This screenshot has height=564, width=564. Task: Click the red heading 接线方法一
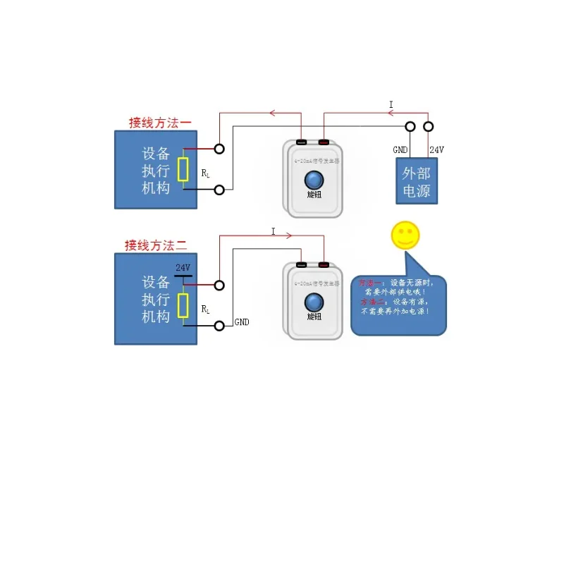pos(160,122)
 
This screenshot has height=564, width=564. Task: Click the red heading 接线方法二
pos(156,245)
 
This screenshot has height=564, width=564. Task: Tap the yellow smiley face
pos(405,235)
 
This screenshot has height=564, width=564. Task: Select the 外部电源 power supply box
pos(416,182)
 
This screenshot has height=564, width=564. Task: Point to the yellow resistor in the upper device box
pos(183,169)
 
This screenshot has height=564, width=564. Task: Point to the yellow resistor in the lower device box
pos(183,305)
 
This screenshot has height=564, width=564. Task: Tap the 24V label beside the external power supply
pos(436,149)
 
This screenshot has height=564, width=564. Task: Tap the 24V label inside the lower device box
pos(183,268)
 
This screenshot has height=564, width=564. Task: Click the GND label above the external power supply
pos(400,149)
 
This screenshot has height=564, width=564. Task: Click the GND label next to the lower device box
pos(242,322)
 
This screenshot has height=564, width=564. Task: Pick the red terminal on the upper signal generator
pos(324,142)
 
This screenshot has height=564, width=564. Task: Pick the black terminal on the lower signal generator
pos(301,265)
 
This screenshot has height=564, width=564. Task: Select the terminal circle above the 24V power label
pos(428,126)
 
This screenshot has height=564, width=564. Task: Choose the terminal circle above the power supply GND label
pos(410,126)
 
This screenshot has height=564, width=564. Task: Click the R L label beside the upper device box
pos(204,173)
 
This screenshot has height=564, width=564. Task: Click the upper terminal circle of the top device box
pos(220,149)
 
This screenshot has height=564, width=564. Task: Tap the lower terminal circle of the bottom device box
pos(220,326)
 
